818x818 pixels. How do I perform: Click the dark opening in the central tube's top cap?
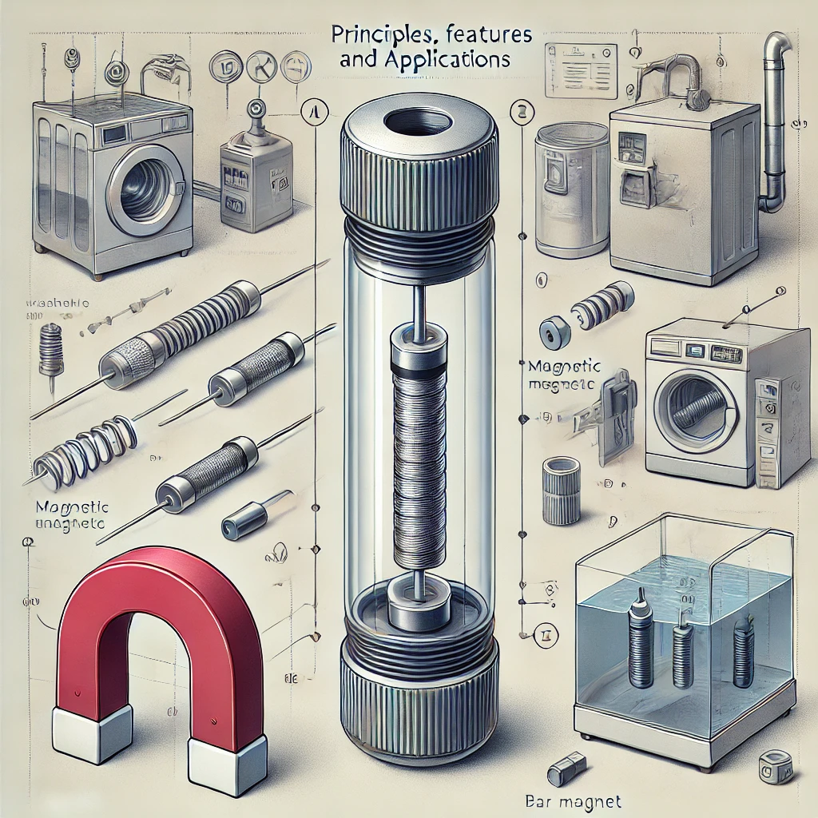click(x=418, y=123)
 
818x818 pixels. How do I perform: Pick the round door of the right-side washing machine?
click(x=693, y=406)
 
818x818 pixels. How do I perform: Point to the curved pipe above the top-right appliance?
click(x=772, y=120)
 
